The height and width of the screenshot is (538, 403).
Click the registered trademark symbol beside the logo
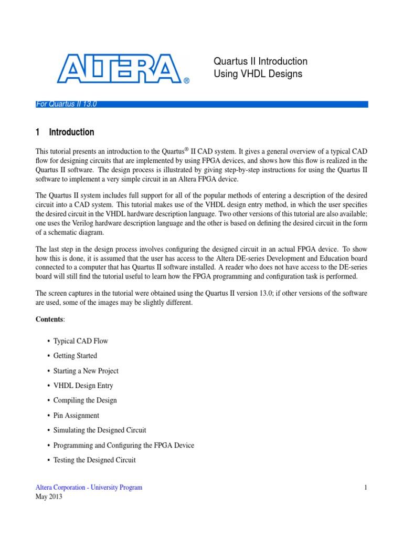tap(186, 81)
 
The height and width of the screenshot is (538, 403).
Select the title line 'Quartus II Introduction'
tap(260, 61)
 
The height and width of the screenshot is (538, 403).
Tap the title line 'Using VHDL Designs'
tap(258, 74)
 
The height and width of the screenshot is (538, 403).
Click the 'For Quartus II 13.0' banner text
tap(66, 104)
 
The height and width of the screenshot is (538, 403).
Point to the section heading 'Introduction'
tap(72, 132)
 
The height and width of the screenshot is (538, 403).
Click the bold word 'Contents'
tap(49, 319)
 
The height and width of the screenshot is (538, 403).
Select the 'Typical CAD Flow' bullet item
tap(80, 341)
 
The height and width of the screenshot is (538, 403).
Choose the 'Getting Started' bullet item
tap(75, 356)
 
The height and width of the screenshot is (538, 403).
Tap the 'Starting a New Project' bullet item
tap(86, 371)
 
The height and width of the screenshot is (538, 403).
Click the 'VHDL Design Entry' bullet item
tap(83, 386)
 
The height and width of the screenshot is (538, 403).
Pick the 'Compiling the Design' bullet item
tap(85, 400)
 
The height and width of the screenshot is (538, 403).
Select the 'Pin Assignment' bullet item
tap(76, 416)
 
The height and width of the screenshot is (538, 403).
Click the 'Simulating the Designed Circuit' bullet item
tap(100, 430)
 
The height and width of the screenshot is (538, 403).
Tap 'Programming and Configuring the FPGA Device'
tap(123, 446)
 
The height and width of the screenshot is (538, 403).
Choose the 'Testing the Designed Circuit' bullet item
tap(94, 460)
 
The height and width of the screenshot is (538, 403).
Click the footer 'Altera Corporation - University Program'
tap(89, 488)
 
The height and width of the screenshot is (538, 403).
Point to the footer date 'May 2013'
tap(49, 497)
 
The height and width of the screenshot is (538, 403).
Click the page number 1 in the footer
tap(365, 488)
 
